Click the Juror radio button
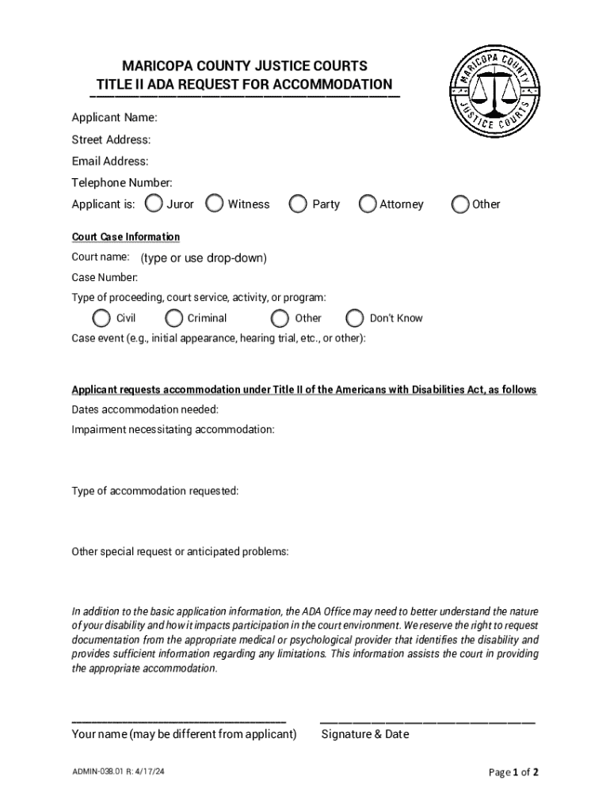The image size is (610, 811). coord(154,204)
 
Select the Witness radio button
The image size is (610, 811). coord(215,204)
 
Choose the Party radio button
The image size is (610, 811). coord(298,204)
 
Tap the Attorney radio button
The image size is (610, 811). coord(368,204)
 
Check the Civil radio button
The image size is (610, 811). coord(101,318)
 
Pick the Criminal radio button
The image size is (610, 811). coord(174,318)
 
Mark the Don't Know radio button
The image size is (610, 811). coord(355,318)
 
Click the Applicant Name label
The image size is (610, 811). coord(114,118)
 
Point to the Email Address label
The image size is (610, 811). coord(110,162)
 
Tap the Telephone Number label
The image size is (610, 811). coord(122,183)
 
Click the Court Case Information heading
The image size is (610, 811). coord(126,237)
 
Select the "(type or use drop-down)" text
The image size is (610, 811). coord(204,258)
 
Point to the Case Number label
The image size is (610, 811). coord(105,277)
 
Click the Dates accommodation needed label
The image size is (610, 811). coord(145,409)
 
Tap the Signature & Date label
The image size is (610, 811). coord(365,734)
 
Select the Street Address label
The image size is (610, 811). coord(111,140)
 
